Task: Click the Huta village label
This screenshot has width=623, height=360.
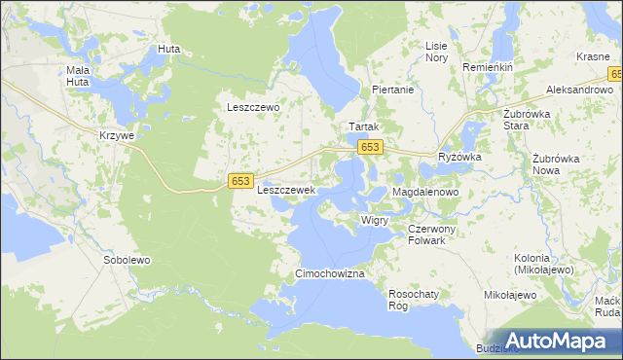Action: coord(168,49)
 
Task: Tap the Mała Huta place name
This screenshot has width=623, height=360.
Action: coord(78,76)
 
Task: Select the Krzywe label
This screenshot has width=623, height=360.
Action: coord(116,136)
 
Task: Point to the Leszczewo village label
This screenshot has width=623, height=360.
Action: coord(253,108)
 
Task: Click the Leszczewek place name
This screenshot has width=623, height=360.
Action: coord(285,191)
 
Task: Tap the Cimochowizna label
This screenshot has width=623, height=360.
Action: coord(330,274)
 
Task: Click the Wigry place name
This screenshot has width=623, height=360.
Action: coord(375,221)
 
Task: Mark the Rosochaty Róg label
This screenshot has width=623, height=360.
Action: coord(411,299)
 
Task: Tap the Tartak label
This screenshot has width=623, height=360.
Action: coord(363,127)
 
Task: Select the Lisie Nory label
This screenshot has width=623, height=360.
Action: coord(436,52)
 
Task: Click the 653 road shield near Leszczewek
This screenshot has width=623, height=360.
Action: coord(242,181)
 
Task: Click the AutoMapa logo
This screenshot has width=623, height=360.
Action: coord(556,341)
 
